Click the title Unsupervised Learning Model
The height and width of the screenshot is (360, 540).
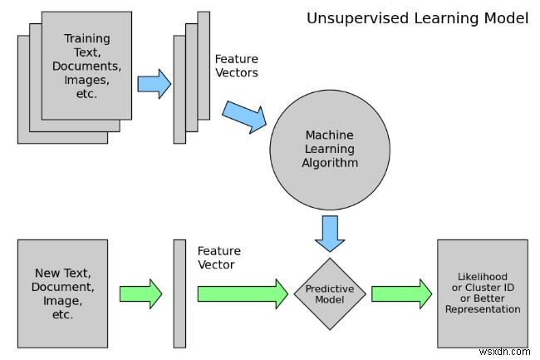pyautogui.click(x=417, y=18)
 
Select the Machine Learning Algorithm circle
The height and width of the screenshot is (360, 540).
pyautogui.click(x=330, y=150)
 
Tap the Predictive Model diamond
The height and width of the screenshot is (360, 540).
pyautogui.click(x=330, y=293)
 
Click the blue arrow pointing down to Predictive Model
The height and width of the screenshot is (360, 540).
pyautogui.click(x=330, y=234)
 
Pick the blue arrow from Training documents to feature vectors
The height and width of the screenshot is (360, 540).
pyautogui.click(x=155, y=84)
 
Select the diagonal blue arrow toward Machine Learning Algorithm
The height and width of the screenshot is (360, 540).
pyautogui.click(x=244, y=116)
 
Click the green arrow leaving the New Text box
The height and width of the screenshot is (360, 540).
pyautogui.click(x=140, y=293)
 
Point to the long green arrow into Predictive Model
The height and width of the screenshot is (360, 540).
pyautogui.click(x=243, y=293)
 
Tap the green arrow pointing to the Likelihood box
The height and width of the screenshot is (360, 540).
pyautogui.click(x=401, y=293)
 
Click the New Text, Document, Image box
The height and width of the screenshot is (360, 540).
pyautogui.click(x=62, y=293)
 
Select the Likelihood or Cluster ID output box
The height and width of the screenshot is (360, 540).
pyautogui.click(x=483, y=293)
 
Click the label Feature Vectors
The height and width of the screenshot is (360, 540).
pyautogui.click(x=237, y=66)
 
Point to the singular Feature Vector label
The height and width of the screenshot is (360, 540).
pyautogui.click(x=219, y=258)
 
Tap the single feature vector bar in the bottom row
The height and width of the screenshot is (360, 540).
pyautogui.click(x=179, y=293)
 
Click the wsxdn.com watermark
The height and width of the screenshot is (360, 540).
pyautogui.click(x=504, y=352)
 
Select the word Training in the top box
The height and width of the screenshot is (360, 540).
pyautogui.click(x=87, y=38)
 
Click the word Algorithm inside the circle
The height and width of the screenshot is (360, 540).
pyautogui.click(x=330, y=163)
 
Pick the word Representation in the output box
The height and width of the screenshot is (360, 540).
pyautogui.click(x=483, y=309)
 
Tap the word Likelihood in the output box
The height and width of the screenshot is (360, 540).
pyautogui.click(x=483, y=277)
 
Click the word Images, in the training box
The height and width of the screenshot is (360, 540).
pyautogui.click(x=86, y=81)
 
